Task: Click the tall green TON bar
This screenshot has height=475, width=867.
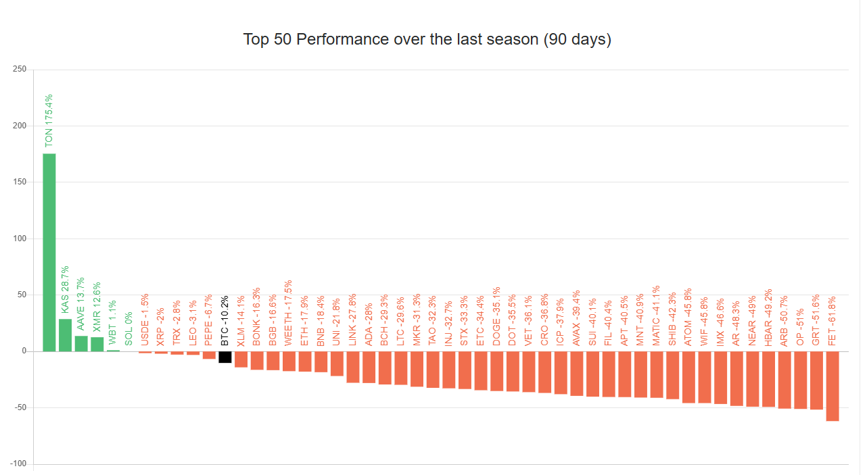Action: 49,252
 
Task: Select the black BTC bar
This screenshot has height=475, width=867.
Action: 225,357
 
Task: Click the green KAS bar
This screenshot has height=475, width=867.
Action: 65,335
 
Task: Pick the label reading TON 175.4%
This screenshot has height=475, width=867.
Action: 49,120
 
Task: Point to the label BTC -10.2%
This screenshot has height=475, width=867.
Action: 225,321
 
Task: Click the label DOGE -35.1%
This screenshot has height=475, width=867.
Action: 497,317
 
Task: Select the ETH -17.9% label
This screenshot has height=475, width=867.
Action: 305,321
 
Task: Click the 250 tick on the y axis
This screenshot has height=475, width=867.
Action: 20,70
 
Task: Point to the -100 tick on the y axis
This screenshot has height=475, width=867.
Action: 18,464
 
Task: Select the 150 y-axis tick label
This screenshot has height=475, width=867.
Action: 20,182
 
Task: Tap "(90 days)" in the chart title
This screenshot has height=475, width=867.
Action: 577,39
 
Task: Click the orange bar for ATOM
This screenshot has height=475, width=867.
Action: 688,377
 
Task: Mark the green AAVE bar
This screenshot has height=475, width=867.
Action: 81,344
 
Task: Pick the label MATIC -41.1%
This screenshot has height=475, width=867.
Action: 657,316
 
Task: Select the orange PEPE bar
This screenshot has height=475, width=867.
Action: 209,355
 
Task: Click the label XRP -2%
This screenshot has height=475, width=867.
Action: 161,328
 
